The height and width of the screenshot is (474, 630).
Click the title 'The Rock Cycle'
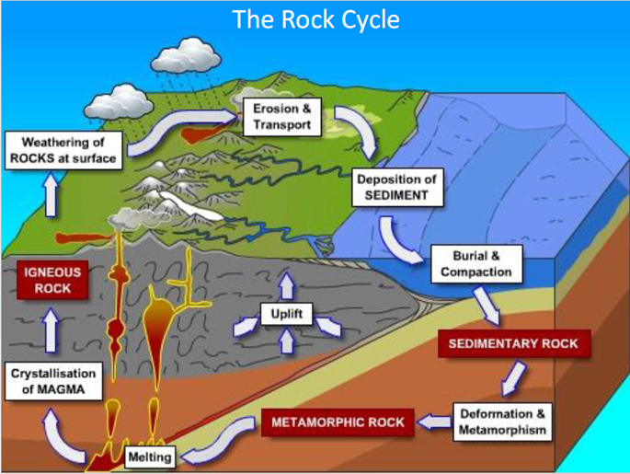(315, 19)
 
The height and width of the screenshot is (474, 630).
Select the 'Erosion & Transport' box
(282, 117)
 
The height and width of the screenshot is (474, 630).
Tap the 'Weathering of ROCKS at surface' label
(63, 150)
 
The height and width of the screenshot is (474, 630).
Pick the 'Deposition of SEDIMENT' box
(397, 188)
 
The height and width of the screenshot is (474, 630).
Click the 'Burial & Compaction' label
(476, 264)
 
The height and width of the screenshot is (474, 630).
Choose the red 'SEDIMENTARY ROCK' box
(513, 343)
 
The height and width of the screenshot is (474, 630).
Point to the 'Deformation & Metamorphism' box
(502, 422)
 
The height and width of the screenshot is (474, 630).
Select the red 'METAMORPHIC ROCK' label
(338, 422)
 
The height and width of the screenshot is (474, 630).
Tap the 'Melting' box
(150, 457)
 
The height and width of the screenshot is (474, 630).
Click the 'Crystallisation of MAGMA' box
(53, 381)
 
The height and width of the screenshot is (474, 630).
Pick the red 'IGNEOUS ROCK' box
(52, 280)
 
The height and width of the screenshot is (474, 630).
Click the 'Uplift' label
(286, 314)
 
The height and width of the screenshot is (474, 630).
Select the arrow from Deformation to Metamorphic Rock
(434, 422)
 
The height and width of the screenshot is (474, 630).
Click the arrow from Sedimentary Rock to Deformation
(513, 378)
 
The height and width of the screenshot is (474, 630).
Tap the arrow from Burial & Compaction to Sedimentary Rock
(487, 306)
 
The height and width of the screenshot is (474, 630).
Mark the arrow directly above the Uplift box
(287, 286)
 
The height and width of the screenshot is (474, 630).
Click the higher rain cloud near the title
(186, 55)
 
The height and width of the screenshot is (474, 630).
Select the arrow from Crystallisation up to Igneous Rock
(51, 330)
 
